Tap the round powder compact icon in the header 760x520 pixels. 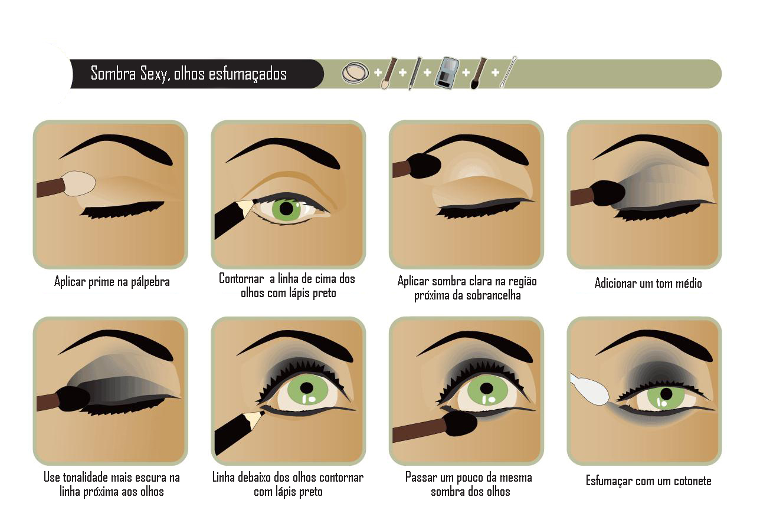click(x=355, y=73)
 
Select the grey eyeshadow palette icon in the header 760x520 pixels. click(x=447, y=74)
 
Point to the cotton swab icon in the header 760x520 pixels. click(x=508, y=72)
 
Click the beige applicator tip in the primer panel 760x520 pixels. click(x=80, y=183)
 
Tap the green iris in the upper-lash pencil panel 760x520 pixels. click(x=287, y=209)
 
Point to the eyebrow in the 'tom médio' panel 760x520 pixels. click(x=650, y=149)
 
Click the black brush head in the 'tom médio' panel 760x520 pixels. click(x=609, y=193)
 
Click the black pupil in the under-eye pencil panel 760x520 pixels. click(x=306, y=388)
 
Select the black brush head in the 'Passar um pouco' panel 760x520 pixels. click(x=460, y=423)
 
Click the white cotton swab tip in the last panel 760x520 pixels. click(x=589, y=390)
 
